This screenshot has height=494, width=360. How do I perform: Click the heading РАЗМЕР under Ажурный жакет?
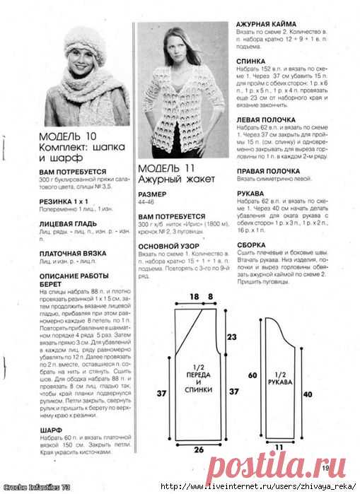click(153, 193)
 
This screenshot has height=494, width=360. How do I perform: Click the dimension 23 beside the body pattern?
click(231, 338)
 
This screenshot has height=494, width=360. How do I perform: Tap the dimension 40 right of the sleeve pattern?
click(306, 394)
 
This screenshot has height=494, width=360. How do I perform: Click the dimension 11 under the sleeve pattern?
click(279, 447)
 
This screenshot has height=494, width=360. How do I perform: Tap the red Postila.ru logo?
click(284, 465)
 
